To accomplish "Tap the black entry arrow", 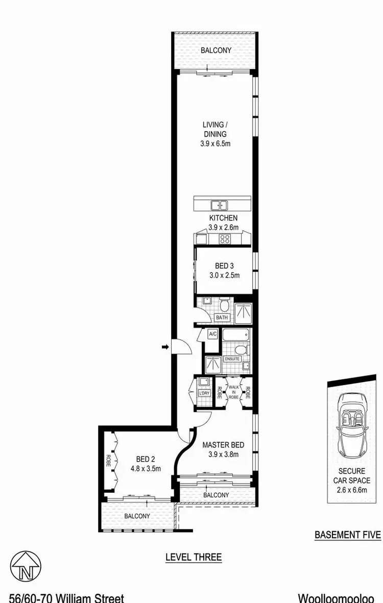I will (165, 347).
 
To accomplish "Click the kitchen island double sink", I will (220, 206).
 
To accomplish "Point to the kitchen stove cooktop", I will (225, 239).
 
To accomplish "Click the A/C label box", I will (213, 334).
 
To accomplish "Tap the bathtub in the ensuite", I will (236, 336).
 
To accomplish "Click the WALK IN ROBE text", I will (233, 392).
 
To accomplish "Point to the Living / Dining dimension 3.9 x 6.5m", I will (216, 144).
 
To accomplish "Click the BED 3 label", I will (221, 266).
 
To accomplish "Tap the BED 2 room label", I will (139, 458).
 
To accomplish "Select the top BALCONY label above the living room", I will (216, 51).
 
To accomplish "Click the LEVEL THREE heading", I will (194, 557).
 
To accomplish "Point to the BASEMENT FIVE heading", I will (348, 535).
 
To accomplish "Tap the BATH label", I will (222, 317).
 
